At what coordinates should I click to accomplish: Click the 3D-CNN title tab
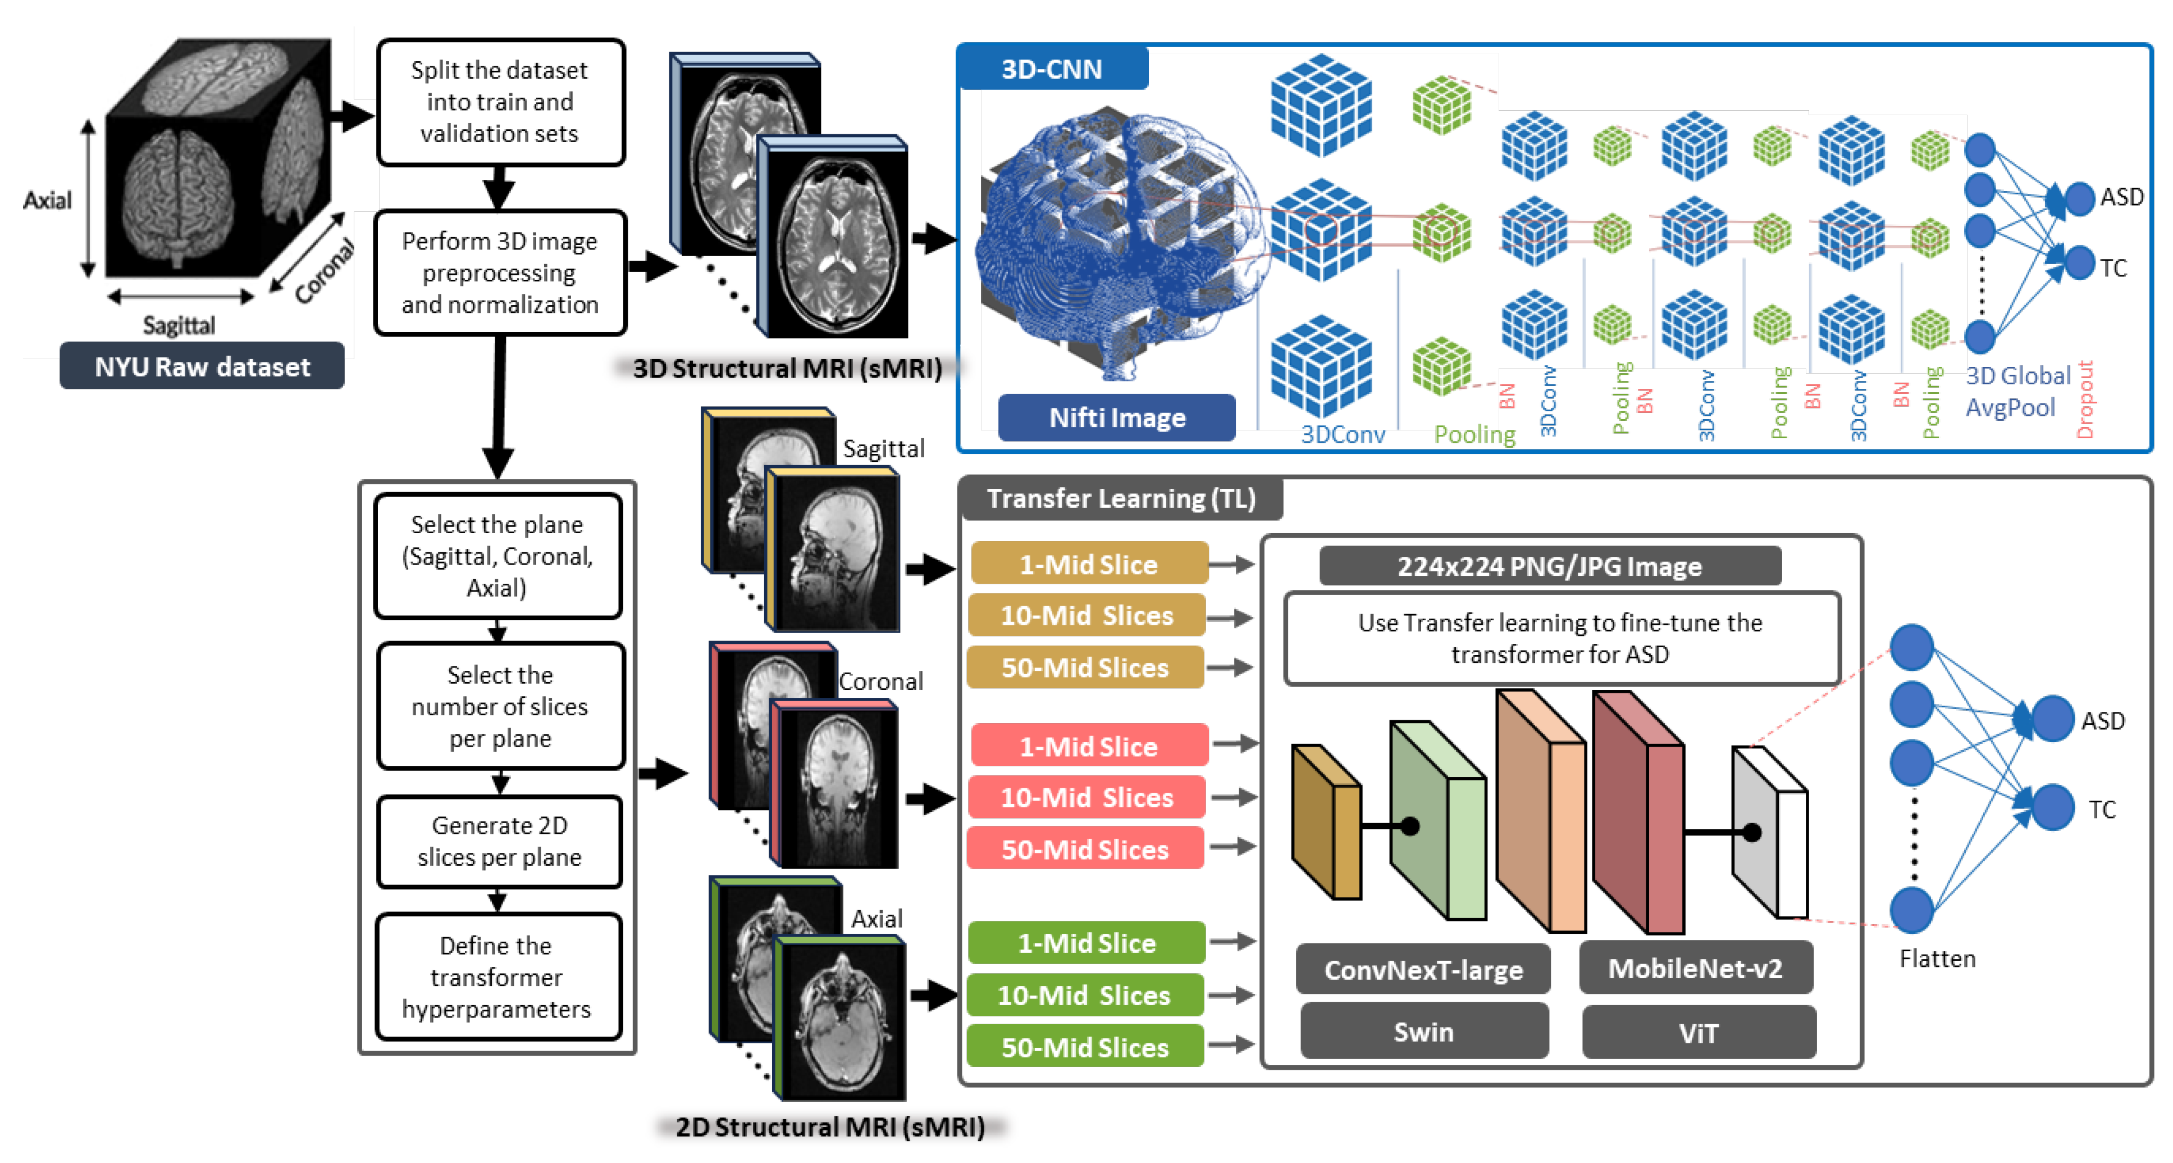tap(1051, 69)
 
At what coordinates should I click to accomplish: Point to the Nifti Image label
tap(1116, 417)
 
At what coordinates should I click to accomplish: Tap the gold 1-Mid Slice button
tap(1088, 564)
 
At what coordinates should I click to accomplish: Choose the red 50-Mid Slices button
tap(1085, 849)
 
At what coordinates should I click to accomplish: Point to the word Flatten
tap(1937, 958)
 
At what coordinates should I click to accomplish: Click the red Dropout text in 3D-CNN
tap(2084, 399)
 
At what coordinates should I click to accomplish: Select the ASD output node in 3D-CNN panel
tap(2079, 198)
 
